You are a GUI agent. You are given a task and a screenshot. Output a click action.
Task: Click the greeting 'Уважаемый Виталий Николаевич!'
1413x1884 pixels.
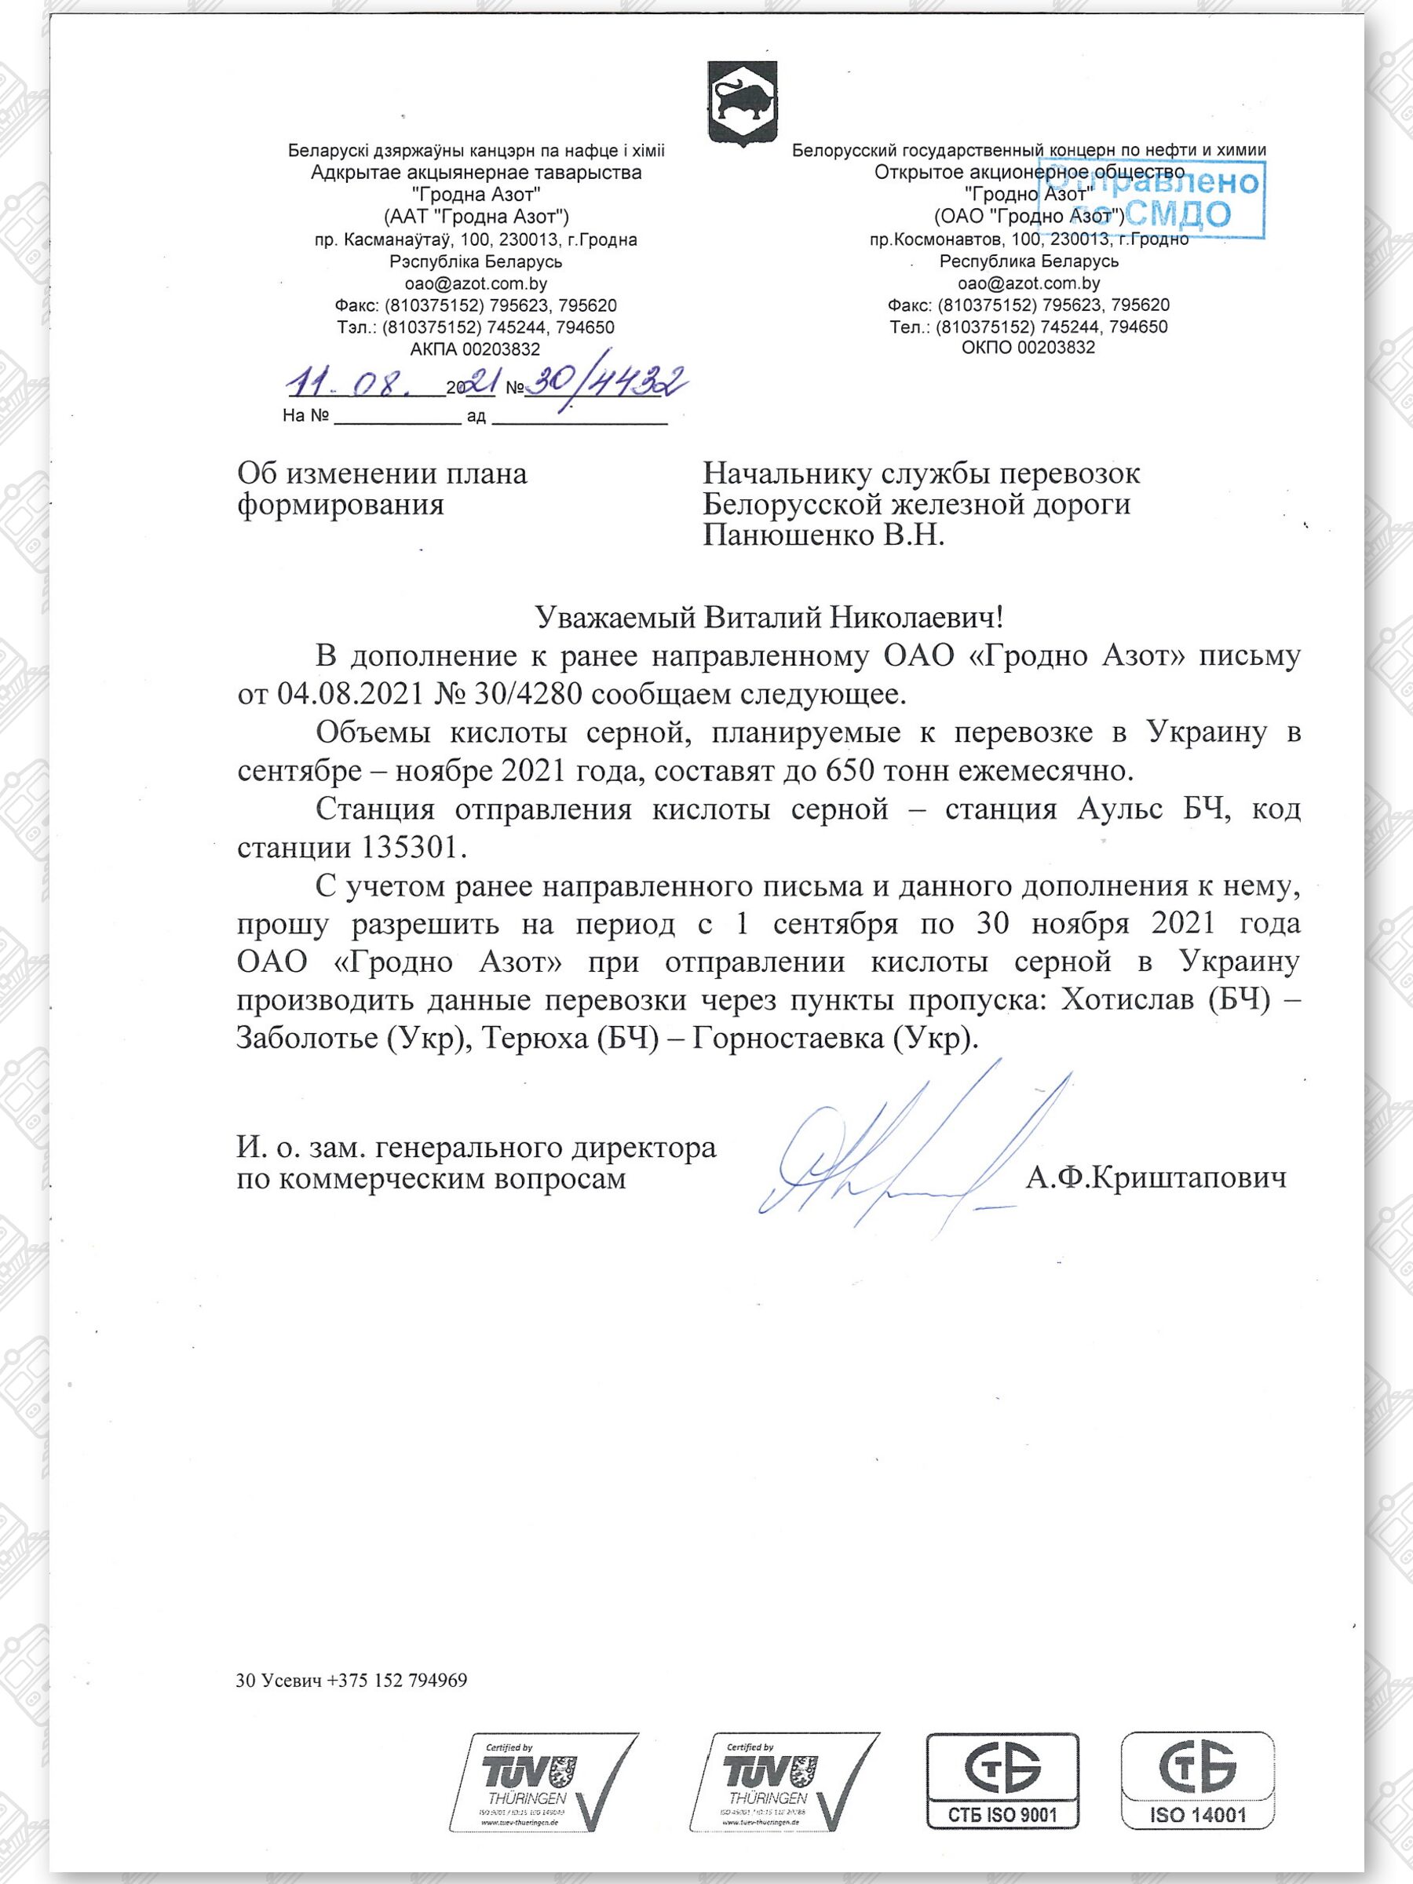coord(769,617)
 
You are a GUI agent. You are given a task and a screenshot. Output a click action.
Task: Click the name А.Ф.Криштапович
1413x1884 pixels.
coord(1155,1179)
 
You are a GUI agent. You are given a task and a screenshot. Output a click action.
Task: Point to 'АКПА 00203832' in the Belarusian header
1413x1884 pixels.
coord(474,349)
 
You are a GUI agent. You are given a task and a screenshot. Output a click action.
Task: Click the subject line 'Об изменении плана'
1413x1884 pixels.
coord(382,473)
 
